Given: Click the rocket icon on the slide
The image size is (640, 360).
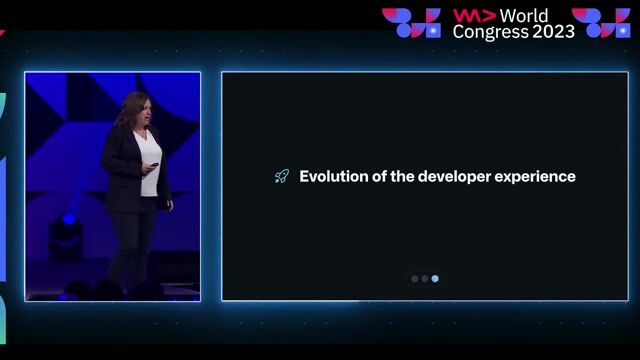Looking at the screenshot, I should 282,177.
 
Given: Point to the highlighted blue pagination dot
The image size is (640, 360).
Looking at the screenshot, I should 435,279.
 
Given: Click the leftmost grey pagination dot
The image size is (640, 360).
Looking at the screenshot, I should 415,279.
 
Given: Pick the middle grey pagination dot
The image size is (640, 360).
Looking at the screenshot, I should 425,279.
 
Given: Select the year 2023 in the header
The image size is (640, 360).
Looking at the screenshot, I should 554,32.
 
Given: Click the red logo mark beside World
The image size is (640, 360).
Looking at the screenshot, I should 473,16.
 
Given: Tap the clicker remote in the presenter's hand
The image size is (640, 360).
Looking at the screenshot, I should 154,164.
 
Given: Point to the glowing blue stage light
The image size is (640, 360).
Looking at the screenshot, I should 68,220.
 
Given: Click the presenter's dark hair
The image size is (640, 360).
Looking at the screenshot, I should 129,108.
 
